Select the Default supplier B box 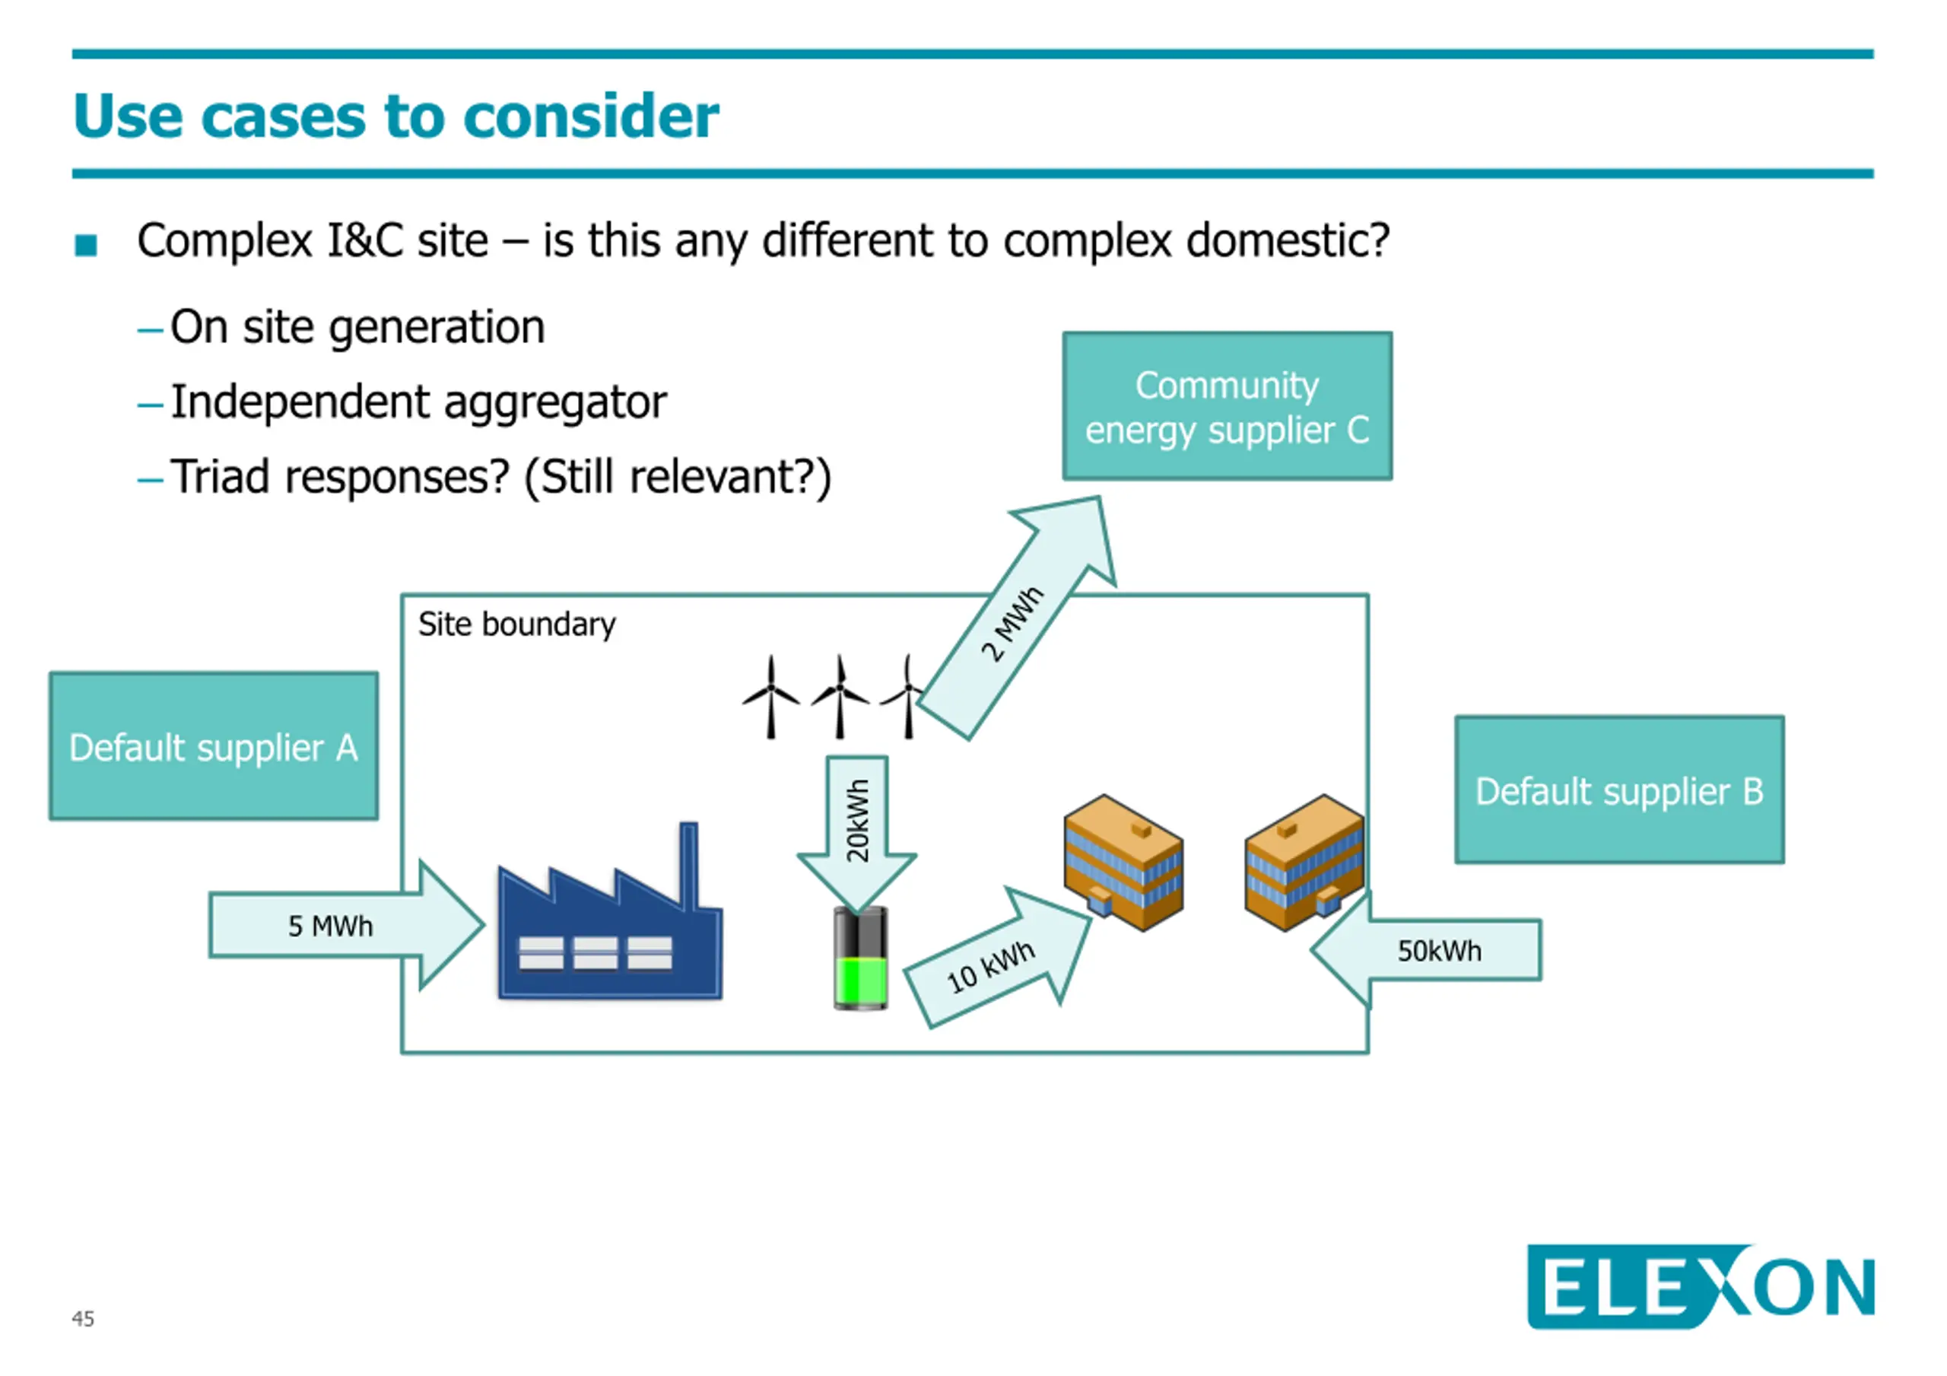click(1620, 790)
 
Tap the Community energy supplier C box click(1227, 405)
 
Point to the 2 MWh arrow click(1018, 619)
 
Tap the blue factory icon click(610, 912)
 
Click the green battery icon click(860, 958)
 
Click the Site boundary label click(516, 624)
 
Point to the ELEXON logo click(1701, 1286)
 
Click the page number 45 click(83, 1318)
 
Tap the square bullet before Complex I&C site click(86, 245)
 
